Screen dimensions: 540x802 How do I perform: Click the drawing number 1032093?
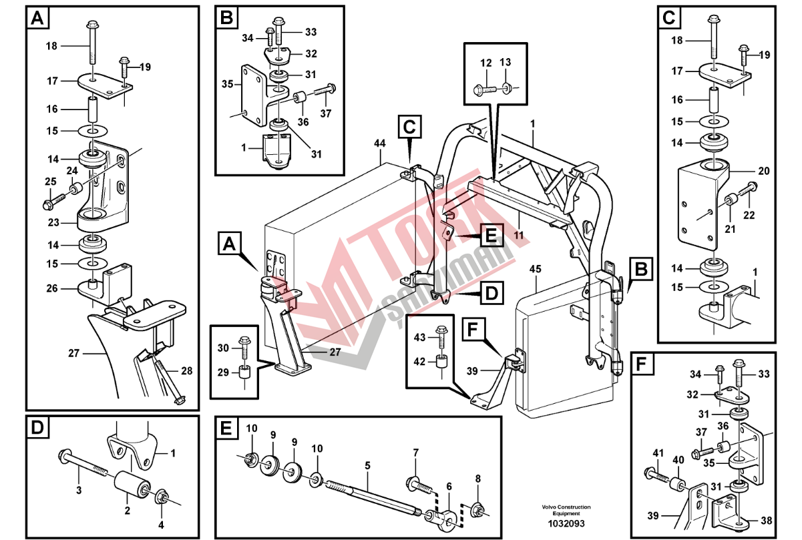click(x=566, y=524)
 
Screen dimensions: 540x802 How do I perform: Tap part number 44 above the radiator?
click(x=380, y=143)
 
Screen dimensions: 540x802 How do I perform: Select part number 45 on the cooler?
click(x=536, y=270)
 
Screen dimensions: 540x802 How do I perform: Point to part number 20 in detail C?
click(x=764, y=171)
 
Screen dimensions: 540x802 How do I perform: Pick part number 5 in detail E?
click(x=367, y=465)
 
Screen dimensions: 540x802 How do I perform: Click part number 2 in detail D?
click(x=127, y=511)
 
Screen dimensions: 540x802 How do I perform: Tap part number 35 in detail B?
click(x=228, y=84)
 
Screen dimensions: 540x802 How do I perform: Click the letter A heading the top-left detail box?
click(x=37, y=19)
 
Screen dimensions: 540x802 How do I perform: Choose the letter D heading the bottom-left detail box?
click(x=37, y=427)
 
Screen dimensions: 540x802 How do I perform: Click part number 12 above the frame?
click(x=485, y=63)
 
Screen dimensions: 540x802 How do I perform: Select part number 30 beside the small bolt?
click(x=223, y=348)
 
